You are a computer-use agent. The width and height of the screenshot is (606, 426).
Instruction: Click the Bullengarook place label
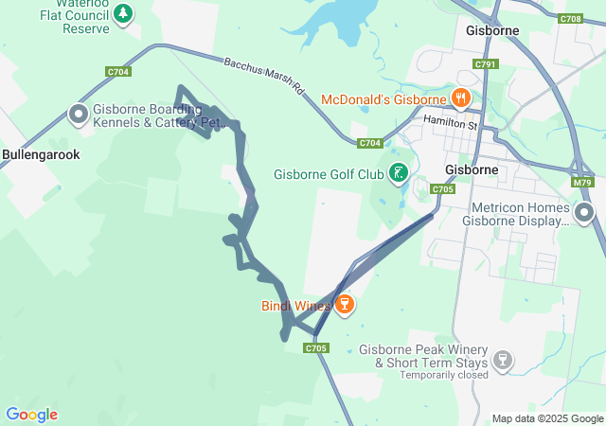click(41, 153)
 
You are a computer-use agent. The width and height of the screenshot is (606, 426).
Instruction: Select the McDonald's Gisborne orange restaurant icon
click(461, 97)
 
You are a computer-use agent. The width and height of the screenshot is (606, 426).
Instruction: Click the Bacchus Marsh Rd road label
click(264, 77)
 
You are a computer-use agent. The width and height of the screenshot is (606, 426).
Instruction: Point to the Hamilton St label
click(453, 121)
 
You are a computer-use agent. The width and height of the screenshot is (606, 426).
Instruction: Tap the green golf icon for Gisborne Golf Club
click(400, 173)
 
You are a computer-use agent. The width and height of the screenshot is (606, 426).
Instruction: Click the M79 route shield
click(582, 183)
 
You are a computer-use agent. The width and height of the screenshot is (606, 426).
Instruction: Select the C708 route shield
click(570, 19)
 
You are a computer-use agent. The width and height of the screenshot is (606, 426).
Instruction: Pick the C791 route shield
click(486, 64)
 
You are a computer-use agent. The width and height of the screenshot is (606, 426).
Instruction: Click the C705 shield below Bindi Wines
click(316, 348)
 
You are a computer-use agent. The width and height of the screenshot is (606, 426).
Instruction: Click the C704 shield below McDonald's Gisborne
click(370, 143)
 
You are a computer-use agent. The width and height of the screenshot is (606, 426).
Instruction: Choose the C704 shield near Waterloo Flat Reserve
click(118, 72)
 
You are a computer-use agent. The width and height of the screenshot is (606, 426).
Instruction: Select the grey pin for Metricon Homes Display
click(584, 213)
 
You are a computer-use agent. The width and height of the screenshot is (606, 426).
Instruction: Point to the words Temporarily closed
click(444, 375)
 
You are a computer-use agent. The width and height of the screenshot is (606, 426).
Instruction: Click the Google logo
click(31, 415)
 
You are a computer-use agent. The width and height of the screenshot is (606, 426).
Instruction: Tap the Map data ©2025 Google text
click(546, 418)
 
